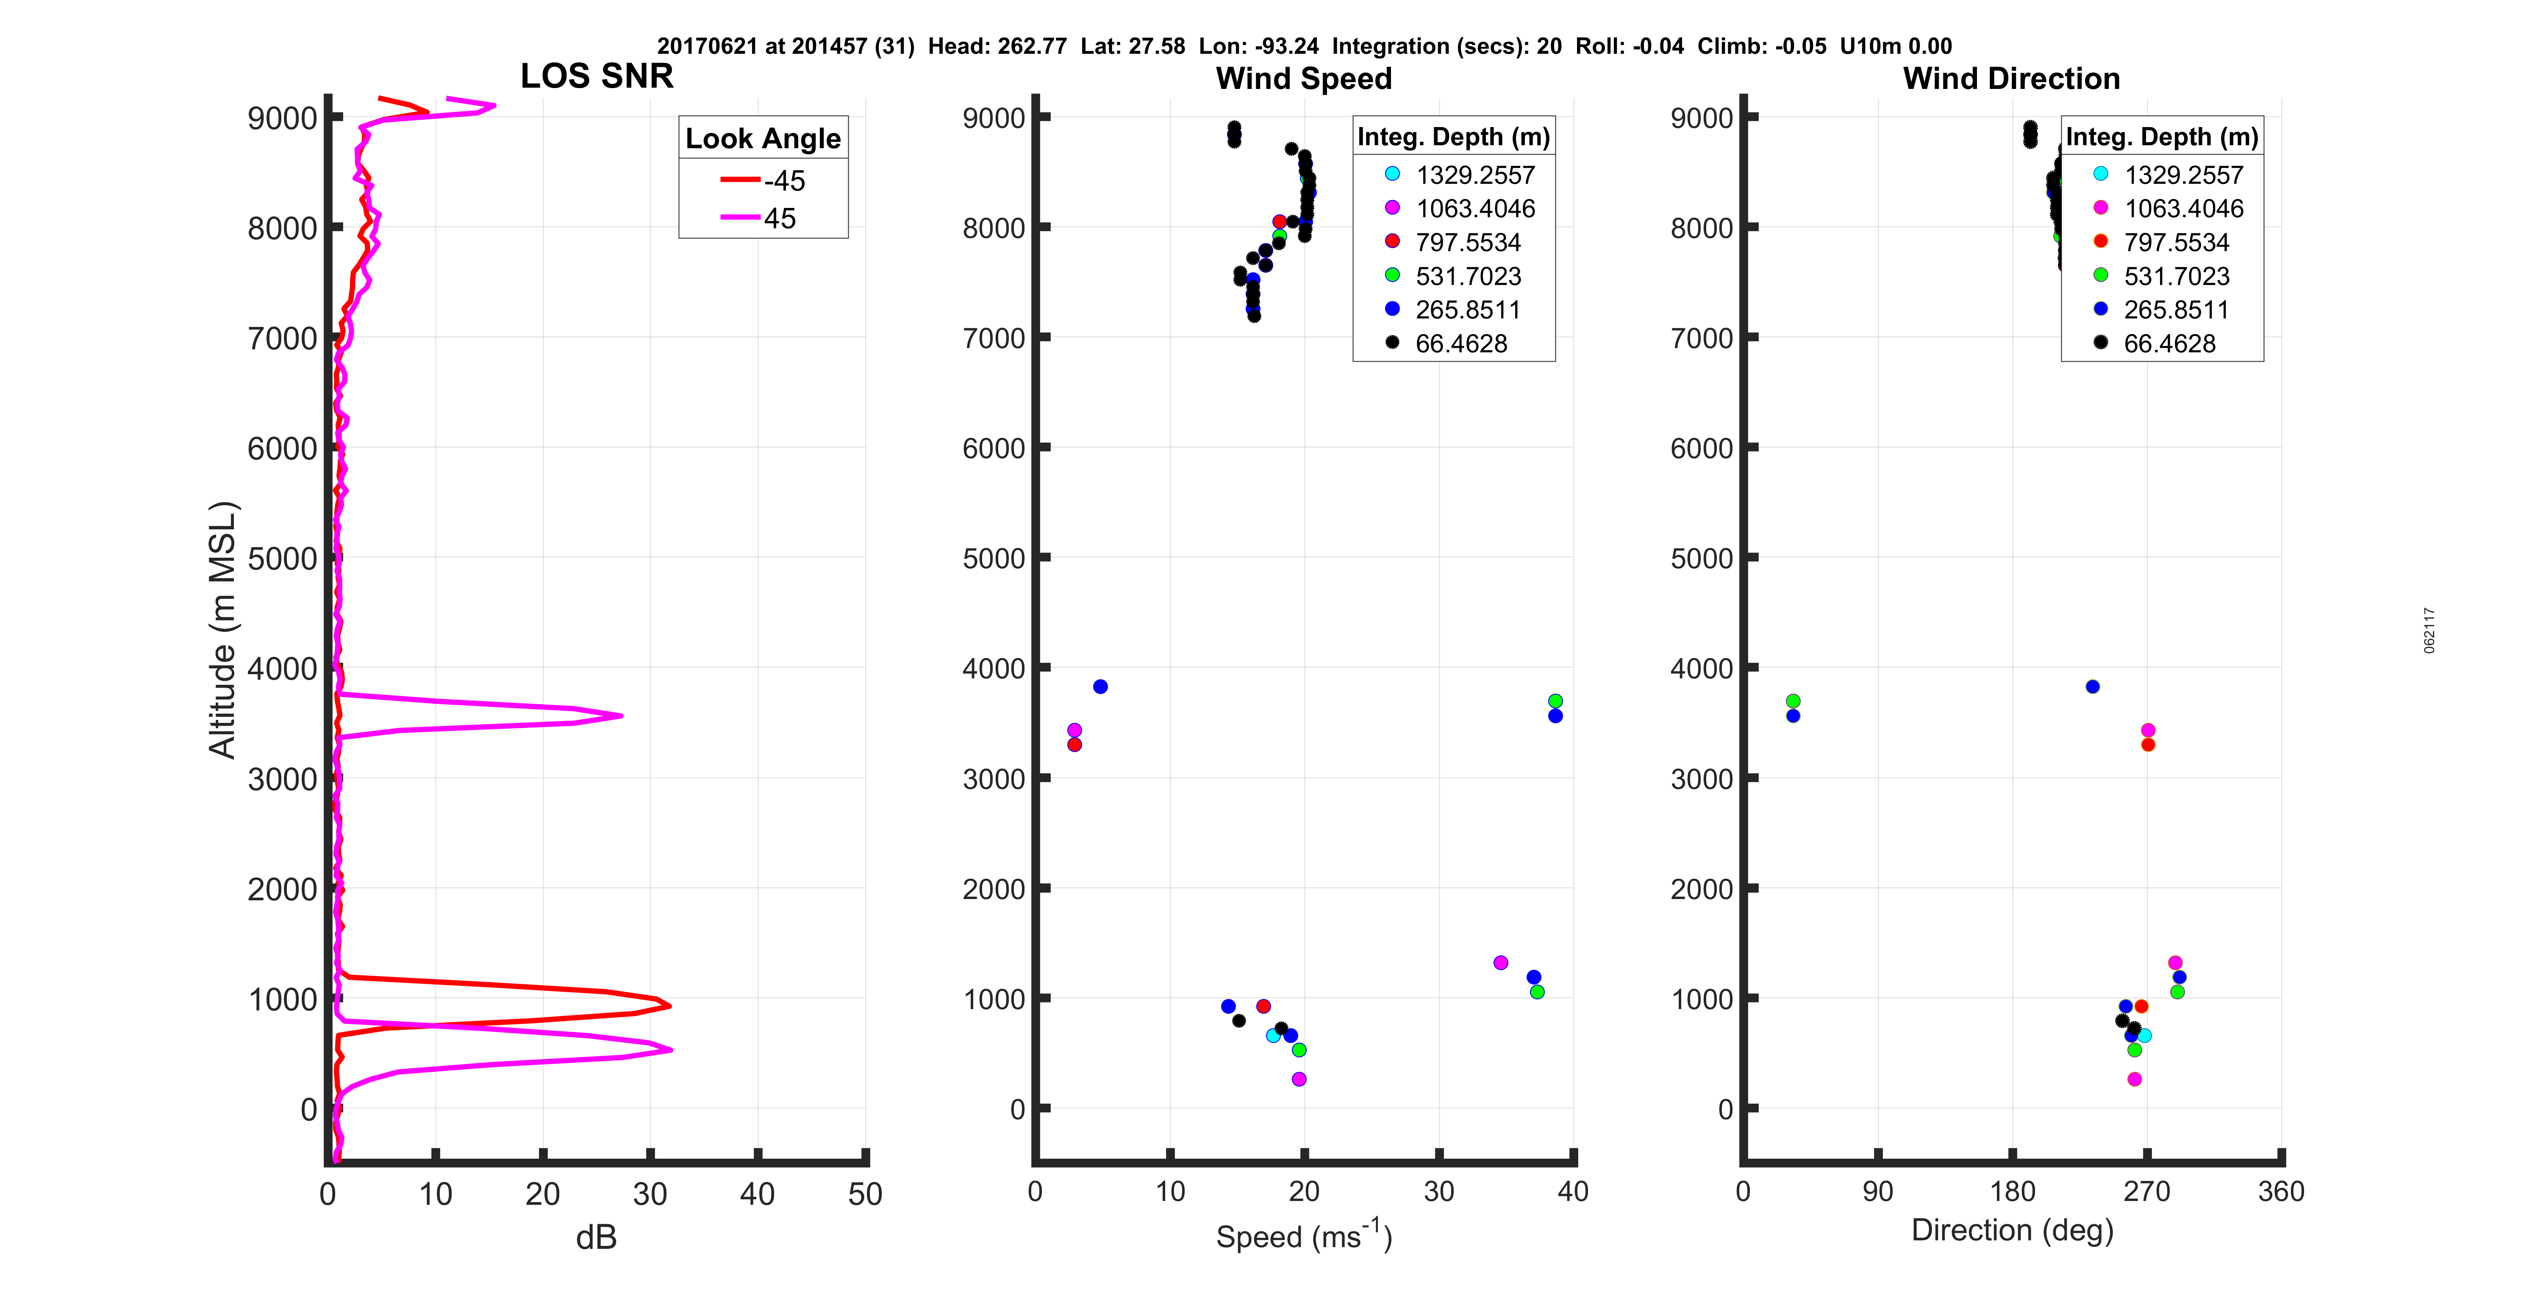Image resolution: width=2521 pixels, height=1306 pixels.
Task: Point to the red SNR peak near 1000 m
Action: [x=669, y=1004]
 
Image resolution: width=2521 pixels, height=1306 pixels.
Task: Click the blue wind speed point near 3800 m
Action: [x=1100, y=687]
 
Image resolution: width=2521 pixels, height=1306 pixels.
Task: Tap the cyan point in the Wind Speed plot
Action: [x=1272, y=1035]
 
